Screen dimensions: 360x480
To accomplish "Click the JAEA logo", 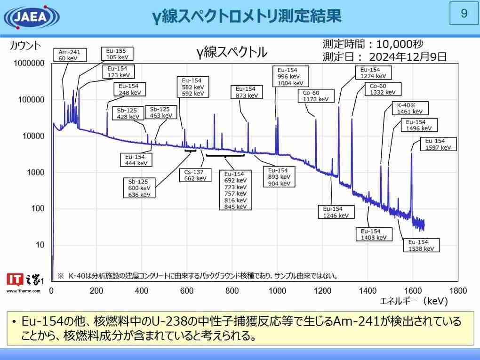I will coord(32,17).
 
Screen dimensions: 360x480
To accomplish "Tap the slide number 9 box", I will coord(464,14).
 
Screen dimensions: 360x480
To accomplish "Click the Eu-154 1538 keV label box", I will coord(421,245).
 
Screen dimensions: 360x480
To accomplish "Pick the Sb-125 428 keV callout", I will coord(128,113).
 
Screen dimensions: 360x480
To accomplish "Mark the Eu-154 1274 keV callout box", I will coord(373,72).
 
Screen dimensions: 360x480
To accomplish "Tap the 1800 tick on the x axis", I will coord(458,291).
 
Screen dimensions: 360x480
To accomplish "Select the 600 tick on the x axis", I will coord(187,291).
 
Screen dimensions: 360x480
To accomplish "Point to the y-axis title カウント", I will coord(26,46).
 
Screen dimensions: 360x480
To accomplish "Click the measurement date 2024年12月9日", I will coord(408,57).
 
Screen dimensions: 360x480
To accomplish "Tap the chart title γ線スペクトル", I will coord(232,52).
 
